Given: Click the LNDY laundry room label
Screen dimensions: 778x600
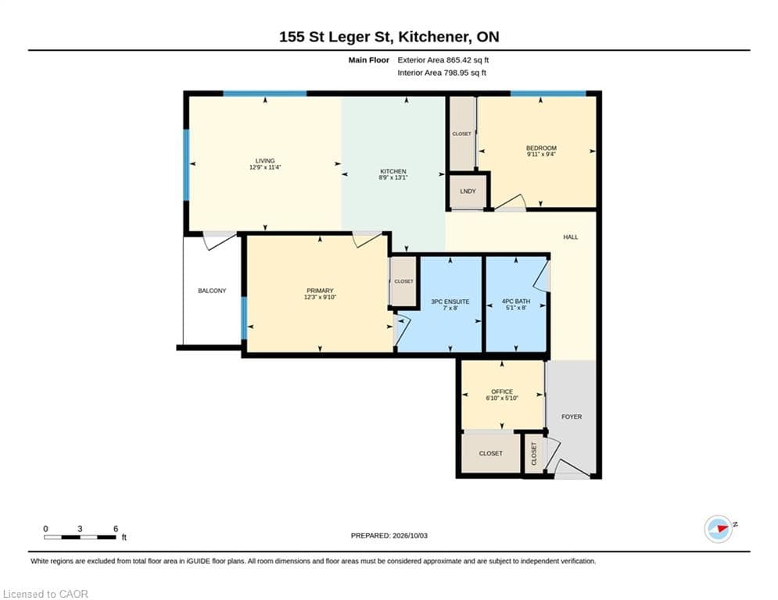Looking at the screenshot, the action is (x=468, y=191).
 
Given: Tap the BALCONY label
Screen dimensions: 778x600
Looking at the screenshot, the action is (x=212, y=291).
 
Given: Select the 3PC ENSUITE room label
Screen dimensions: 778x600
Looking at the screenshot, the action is (x=450, y=302).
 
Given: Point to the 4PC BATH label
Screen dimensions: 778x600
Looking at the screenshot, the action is (x=516, y=301).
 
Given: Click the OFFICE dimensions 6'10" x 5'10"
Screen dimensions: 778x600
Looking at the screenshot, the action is (x=502, y=398).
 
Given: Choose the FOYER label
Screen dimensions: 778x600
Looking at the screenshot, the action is (x=572, y=416).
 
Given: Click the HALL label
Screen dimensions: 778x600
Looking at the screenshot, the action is (x=571, y=237).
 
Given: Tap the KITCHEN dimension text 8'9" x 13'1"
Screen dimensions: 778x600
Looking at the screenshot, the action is (x=393, y=177).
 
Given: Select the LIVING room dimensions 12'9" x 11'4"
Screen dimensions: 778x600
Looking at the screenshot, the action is (x=265, y=167).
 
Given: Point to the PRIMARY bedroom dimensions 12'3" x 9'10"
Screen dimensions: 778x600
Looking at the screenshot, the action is (x=320, y=297).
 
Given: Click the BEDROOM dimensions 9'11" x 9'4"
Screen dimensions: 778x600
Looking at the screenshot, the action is (x=541, y=154).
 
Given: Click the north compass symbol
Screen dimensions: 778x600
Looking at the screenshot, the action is (x=719, y=529).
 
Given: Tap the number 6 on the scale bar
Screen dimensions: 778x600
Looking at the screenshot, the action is (x=116, y=529).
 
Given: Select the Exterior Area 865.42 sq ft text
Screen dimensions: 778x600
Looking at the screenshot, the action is (x=443, y=60).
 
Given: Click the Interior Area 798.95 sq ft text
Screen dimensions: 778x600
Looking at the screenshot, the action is (x=442, y=73).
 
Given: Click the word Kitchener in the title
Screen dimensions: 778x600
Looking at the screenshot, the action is (x=433, y=37).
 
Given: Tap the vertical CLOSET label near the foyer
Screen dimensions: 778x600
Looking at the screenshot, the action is (x=534, y=454).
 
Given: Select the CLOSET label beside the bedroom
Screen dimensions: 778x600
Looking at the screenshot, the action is (x=461, y=134).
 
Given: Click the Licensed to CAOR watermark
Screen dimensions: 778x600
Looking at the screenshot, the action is (x=45, y=594).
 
